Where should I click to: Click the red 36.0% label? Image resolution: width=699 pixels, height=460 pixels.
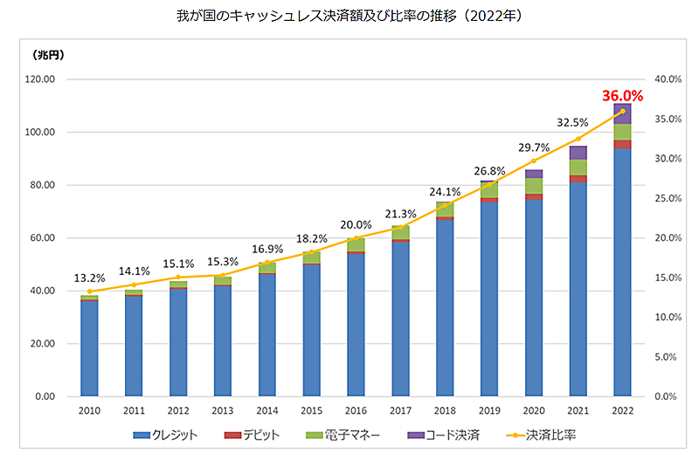(622, 96)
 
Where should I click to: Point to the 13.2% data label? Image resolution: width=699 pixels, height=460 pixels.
(88, 278)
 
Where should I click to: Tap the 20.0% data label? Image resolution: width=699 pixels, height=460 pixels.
(356, 224)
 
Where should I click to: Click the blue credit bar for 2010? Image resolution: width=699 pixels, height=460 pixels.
(89, 348)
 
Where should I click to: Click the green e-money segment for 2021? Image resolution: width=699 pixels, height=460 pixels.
(578, 168)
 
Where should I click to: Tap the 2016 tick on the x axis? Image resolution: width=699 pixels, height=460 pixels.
(356, 410)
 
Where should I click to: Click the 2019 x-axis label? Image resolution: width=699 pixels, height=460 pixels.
(488, 410)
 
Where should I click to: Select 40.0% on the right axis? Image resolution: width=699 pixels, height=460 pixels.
(668, 79)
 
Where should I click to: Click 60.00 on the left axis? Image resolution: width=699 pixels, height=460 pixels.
(42, 238)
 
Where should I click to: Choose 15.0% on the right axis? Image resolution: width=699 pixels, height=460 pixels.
(668, 278)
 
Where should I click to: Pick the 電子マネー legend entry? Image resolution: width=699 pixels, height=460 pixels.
(343, 435)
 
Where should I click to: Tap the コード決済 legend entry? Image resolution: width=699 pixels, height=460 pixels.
(446, 435)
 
